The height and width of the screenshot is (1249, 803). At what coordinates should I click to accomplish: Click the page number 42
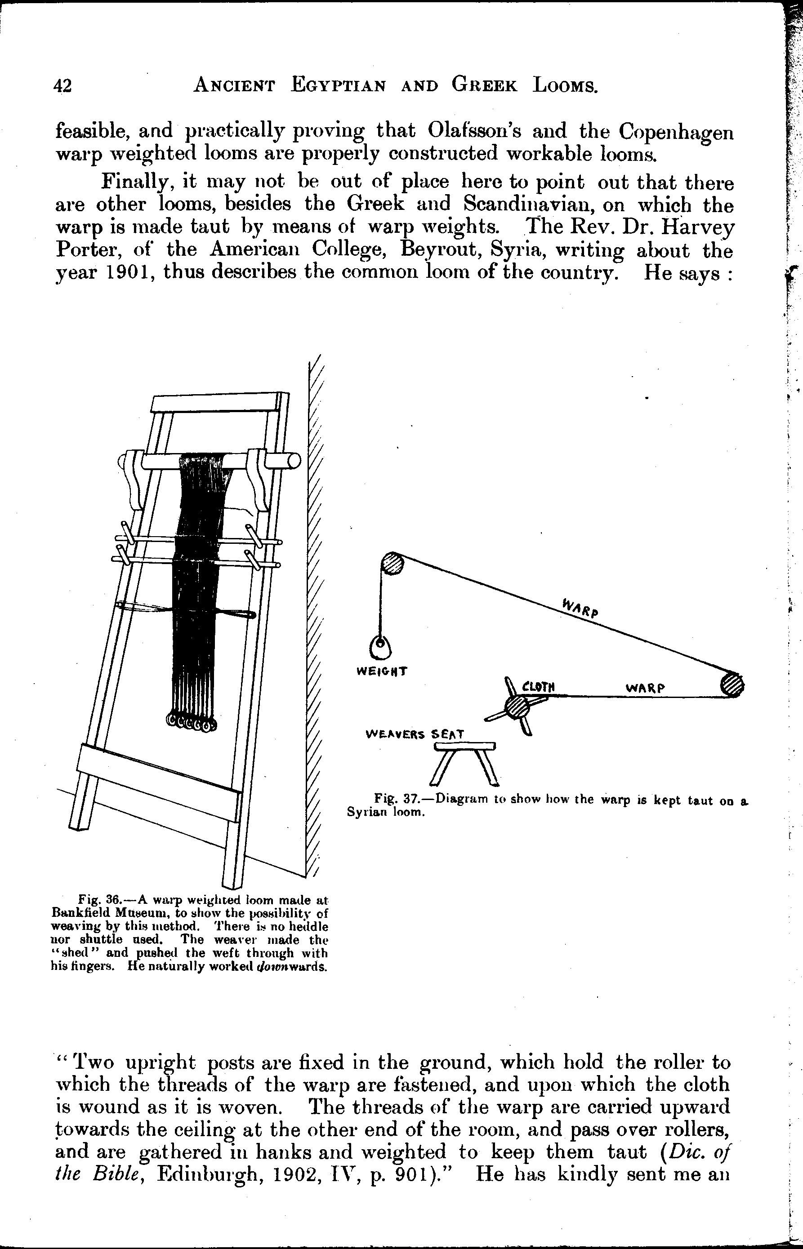point(62,85)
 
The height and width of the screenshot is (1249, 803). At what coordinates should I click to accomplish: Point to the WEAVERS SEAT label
point(415,734)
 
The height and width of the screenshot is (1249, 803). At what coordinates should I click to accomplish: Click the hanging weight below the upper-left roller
point(381,648)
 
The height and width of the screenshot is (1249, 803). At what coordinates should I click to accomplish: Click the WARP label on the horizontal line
point(645,688)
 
